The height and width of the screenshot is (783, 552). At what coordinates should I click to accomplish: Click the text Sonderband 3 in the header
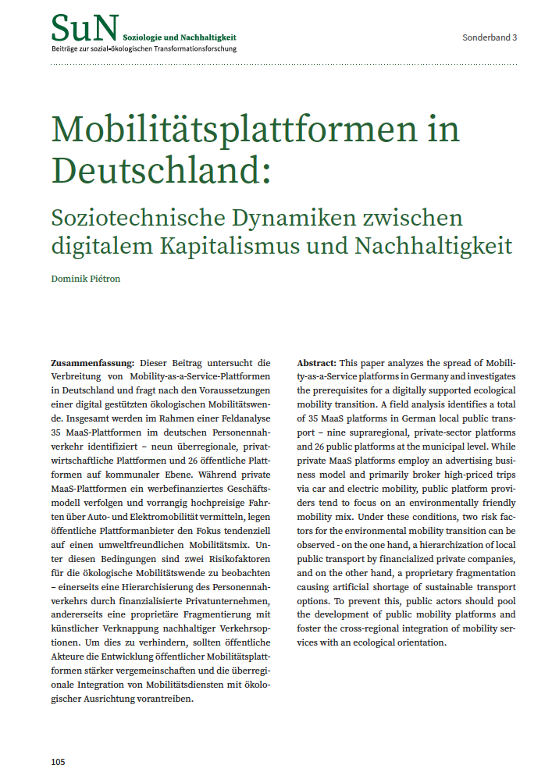pyautogui.click(x=490, y=37)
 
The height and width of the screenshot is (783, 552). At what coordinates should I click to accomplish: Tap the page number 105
pyautogui.click(x=59, y=761)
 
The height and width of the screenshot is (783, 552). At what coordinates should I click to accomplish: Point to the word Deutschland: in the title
pyautogui.click(x=161, y=170)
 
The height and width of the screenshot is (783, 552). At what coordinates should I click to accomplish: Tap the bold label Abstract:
pyautogui.click(x=317, y=363)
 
